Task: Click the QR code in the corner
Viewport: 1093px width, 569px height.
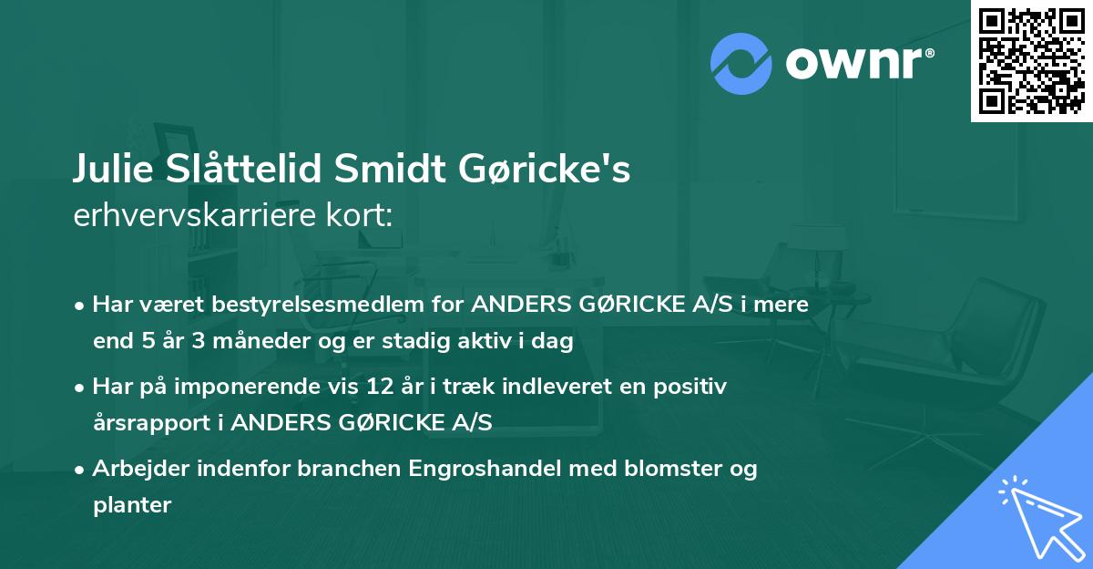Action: [1031, 61]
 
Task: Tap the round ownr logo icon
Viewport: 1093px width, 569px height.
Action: [741, 61]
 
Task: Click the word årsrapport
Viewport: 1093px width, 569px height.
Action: [154, 421]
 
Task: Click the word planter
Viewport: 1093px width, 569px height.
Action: [132, 504]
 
